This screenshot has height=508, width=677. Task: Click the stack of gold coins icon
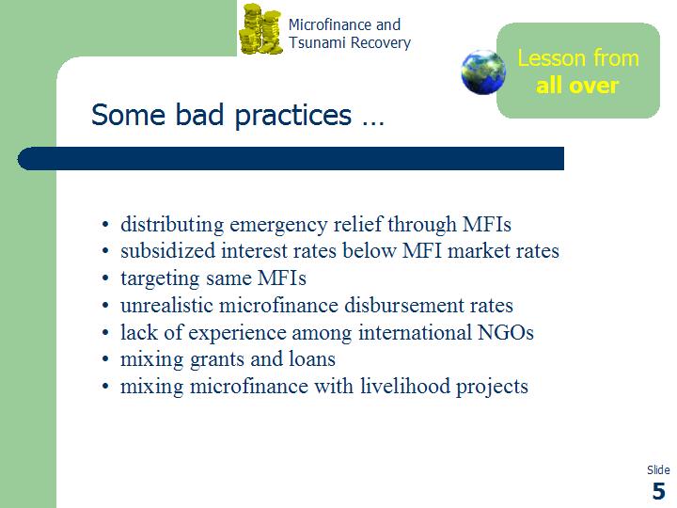click(260, 29)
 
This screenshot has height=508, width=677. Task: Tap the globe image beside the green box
click(483, 71)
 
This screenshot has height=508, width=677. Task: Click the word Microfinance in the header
click(330, 24)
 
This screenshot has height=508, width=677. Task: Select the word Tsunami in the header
click(317, 42)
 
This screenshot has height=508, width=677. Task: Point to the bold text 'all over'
click(577, 85)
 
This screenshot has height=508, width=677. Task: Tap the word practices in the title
click(293, 116)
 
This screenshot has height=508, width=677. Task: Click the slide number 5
click(659, 491)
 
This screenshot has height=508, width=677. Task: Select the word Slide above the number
click(658, 470)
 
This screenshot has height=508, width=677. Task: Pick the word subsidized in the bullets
click(167, 250)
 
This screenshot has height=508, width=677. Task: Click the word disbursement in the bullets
click(403, 305)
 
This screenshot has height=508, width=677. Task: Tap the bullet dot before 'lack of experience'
click(105, 333)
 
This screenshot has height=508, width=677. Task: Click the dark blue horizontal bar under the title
click(291, 159)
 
